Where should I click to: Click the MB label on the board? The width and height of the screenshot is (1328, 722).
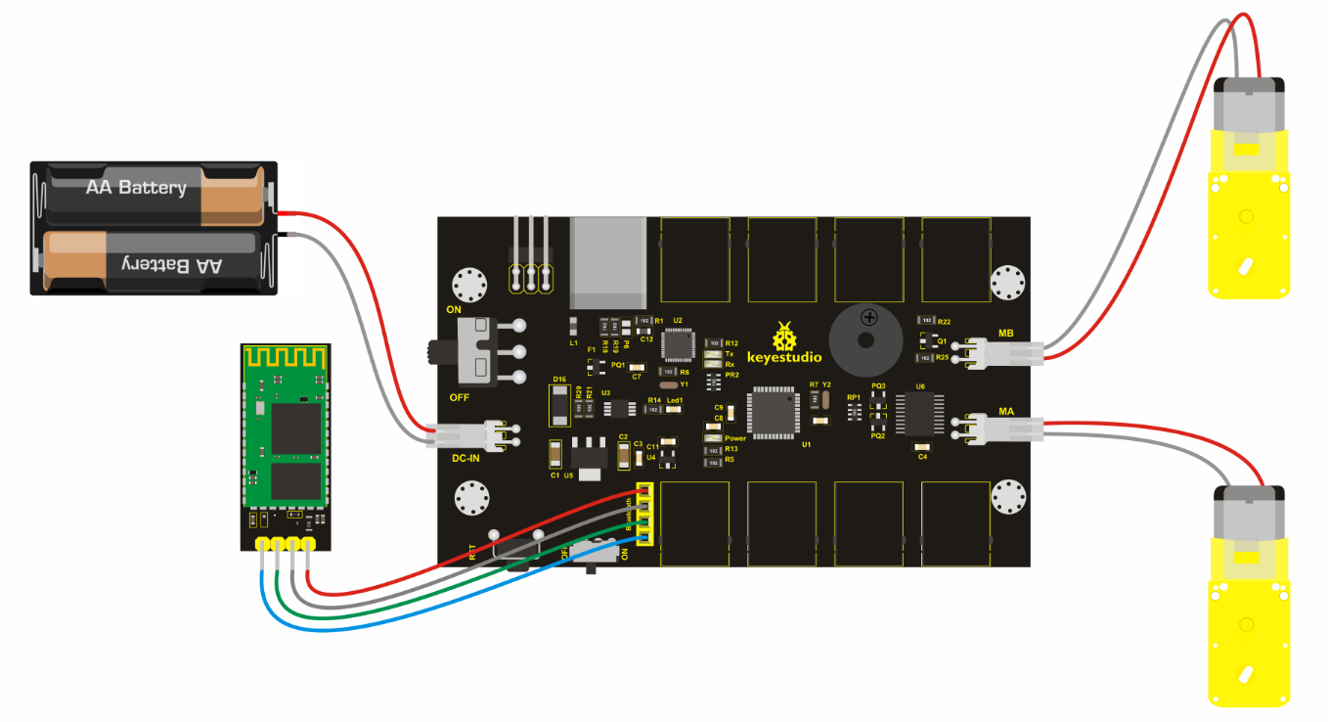click(x=1005, y=334)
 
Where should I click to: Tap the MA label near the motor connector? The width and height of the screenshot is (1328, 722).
click(x=1005, y=412)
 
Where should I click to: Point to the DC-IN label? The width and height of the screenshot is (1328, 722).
click(x=465, y=458)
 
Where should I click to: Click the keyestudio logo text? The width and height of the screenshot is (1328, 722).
click(x=784, y=358)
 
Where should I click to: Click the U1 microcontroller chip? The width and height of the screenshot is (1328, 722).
click(x=775, y=413)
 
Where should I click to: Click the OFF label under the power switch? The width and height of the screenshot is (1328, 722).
click(x=460, y=397)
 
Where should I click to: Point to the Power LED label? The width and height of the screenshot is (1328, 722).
click(x=735, y=438)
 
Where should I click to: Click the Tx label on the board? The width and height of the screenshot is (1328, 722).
click(x=730, y=353)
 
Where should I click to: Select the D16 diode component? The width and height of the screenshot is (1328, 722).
click(x=559, y=403)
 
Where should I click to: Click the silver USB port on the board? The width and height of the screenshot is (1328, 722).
click(x=609, y=263)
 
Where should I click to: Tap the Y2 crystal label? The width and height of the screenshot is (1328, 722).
click(x=826, y=384)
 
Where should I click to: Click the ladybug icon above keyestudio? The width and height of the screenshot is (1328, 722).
click(x=784, y=336)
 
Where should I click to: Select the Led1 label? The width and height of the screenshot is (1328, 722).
click(x=675, y=400)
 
